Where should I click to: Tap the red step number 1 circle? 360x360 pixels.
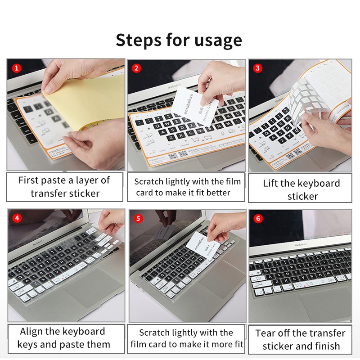pyautogui.click(x=16, y=69)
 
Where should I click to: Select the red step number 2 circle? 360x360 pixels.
pyautogui.click(x=136, y=69)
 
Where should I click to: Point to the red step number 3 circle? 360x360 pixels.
pyautogui.click(x=257, y=69)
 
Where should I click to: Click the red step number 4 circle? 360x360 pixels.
pyautogui.click(x=17, y=219)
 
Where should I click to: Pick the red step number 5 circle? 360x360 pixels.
pyautogui.click(x=138, y=219)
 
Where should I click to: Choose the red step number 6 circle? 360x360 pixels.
pyautogui.click(x=257, y=219)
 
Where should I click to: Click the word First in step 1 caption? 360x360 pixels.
pyautogui.click(x=28, y=180)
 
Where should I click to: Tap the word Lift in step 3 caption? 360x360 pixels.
pyautogui.click(x=271, y=184)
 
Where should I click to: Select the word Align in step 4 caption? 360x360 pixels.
pyautogui.click(x=34, y=332)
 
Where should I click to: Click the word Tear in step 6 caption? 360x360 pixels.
pyautogui.click(x=265, y=333)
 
